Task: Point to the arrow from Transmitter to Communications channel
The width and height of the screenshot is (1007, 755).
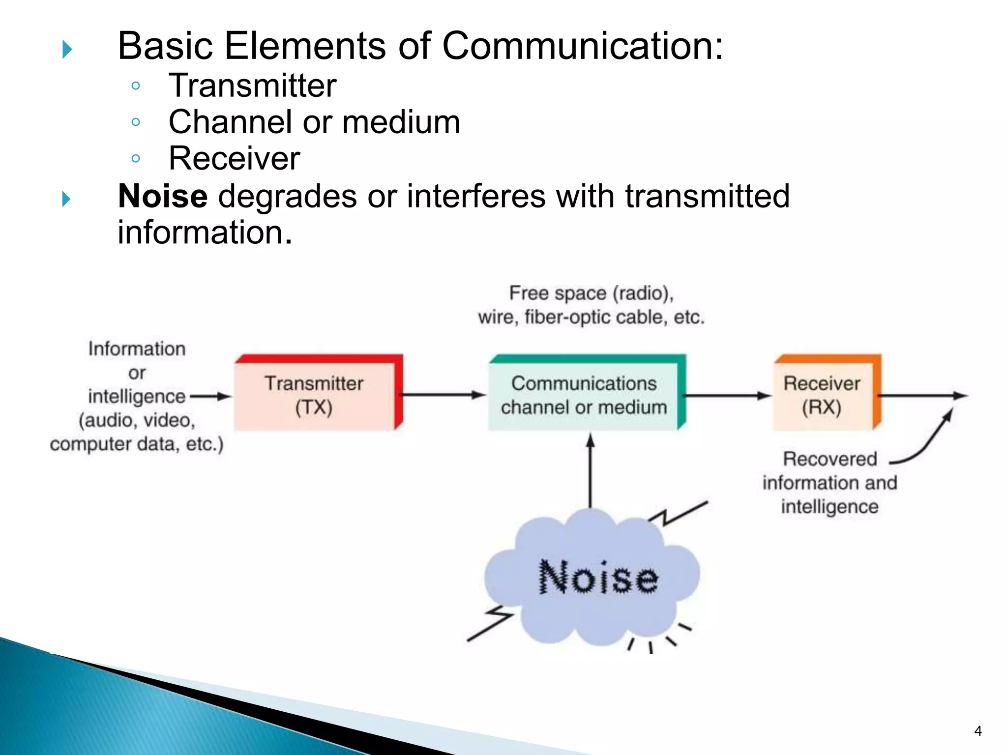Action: [x=443, y=395]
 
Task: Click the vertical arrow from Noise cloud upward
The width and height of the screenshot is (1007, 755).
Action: [x=591, y=472]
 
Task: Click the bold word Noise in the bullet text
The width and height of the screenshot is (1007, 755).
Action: [x=163, y=196]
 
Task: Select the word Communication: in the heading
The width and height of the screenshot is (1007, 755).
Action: [x=583, y=46]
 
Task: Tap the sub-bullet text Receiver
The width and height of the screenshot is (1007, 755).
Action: [x=234, y=158]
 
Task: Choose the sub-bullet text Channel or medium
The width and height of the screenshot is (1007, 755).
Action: [x=314, y=122]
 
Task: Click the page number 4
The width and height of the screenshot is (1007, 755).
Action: [x=977, y=731]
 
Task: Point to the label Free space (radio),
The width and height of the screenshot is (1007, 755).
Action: [x=591, y=293]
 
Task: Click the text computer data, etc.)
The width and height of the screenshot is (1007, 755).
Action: [x=137, y=444]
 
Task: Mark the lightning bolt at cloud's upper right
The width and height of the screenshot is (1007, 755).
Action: [x=679, y=514]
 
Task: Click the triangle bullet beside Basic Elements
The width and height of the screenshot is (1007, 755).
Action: [x=67, y=49]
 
